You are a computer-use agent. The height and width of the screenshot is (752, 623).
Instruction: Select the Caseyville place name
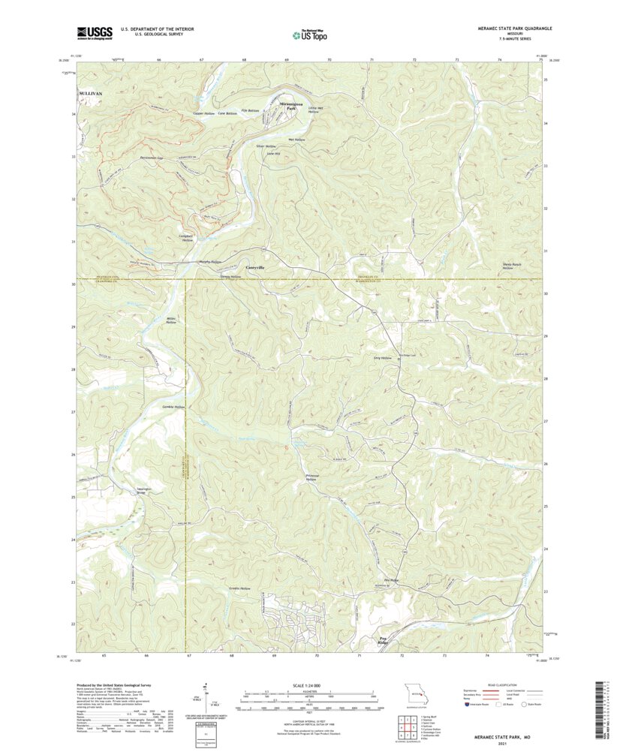(x=255, y=266)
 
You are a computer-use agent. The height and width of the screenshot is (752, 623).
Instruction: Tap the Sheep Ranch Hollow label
(x=513, y=266)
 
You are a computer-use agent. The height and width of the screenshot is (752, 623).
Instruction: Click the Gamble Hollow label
(x=173, y=407)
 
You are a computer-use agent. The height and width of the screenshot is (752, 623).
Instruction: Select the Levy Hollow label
(x=383, y=359)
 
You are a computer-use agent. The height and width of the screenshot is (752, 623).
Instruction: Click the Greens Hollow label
(x=239, y=588)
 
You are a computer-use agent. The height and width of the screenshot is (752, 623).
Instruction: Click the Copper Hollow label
(x=204, y=113)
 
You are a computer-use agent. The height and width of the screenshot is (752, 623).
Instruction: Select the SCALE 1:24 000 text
(x=309, y=685)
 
